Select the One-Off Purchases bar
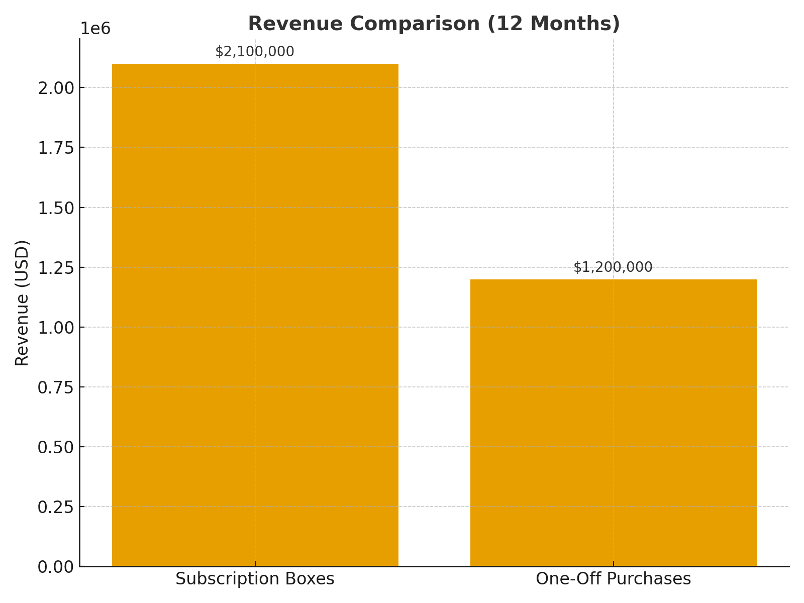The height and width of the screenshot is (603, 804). point(613,423)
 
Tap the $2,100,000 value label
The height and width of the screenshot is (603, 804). point(255,52)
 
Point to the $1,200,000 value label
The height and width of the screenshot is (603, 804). point(613,267)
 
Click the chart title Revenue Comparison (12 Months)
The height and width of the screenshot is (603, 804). point(434,24)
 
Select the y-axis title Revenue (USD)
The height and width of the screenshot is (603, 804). point(23,303)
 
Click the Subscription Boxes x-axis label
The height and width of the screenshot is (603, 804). point(255,579)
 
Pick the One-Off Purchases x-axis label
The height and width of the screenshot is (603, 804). point(613,579)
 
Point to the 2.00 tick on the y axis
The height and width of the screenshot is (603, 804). point(56,88)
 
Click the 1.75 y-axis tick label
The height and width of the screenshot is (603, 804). point(56,148)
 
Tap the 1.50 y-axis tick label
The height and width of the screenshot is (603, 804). point(56,208)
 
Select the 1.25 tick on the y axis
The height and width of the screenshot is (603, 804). point(56,267)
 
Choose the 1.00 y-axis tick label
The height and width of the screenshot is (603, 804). point(56,327)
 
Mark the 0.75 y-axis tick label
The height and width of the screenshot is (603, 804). point(56,387)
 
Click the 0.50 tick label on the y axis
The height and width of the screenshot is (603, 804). point(56,447)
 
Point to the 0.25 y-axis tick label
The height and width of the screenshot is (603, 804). point(56,507)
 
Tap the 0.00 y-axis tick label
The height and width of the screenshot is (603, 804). point(56,566)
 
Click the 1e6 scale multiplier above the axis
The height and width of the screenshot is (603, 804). point(95,29)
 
